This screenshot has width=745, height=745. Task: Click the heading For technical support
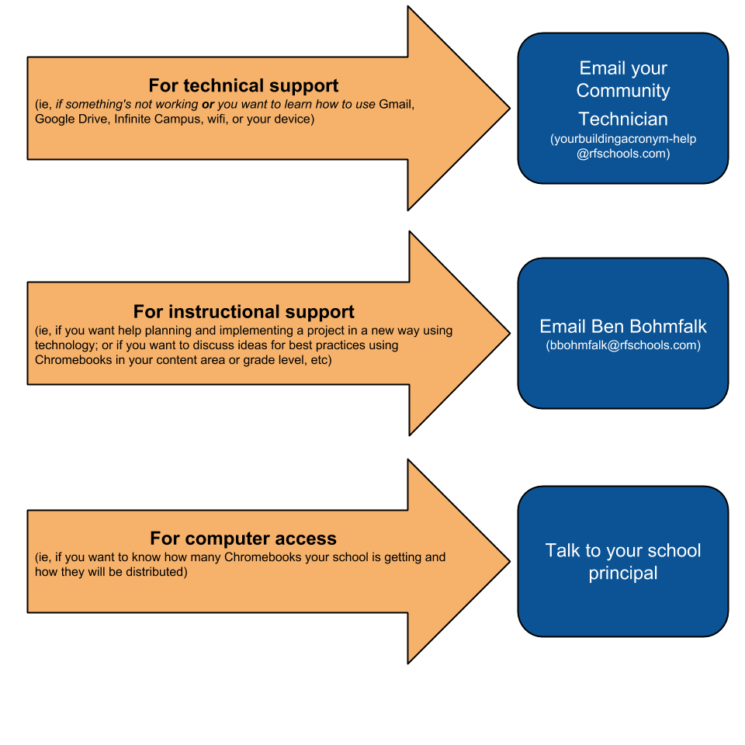tap(243, 86)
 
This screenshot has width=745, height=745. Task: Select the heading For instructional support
tap(243, 312)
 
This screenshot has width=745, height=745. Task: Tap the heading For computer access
tap(243, 539)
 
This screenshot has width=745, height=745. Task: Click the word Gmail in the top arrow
tap(397, 104)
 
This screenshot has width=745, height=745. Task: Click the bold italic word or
tap(208, 105)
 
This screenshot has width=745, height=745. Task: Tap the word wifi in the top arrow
tap(217, 119)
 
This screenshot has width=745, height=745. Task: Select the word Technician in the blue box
tap(623, 119)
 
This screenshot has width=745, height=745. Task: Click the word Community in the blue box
tap(623, 90)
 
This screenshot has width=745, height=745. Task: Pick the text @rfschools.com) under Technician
tap(623, 154)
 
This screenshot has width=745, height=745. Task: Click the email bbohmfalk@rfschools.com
tap(623, 345)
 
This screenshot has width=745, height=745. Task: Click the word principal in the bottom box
tap(623, 573)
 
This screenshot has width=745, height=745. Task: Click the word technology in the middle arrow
tap(64, 345)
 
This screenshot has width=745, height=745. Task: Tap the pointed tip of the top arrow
tap(509, 109)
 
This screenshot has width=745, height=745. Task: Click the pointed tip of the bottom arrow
tap(509, 561)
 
